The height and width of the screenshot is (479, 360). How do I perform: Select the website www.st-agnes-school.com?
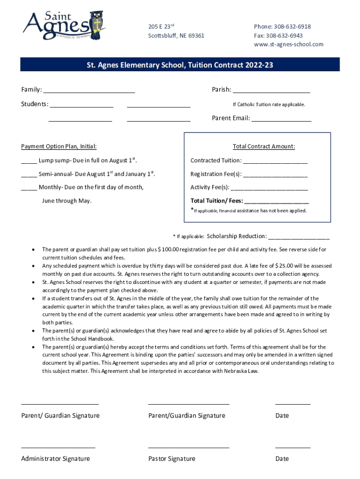click(x=288, y=44)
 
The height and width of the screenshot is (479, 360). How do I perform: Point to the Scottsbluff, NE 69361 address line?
click(x=176, y=36)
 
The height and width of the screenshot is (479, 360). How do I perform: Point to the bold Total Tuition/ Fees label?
click(x=216, y=201)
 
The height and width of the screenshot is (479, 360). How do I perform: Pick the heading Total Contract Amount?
click(x=264, y=146)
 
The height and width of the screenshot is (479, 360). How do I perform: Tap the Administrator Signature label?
click(x=55, y=458)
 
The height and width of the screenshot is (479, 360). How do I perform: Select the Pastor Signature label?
click(x=172, y=458)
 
